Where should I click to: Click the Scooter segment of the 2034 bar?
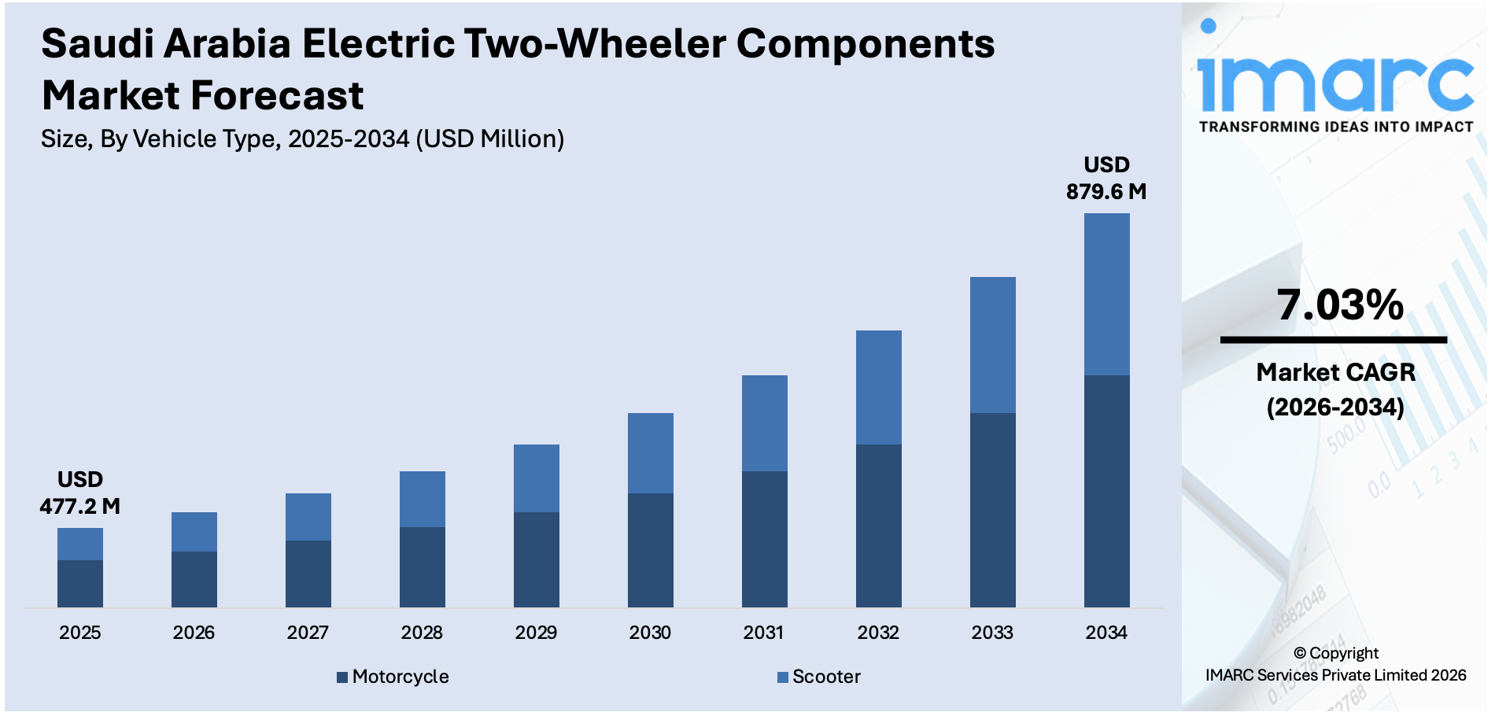pos(1106,294)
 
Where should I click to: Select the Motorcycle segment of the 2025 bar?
pos(79,583)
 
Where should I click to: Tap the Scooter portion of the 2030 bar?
pos(650,453)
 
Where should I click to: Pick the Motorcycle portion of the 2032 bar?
pos(878,526)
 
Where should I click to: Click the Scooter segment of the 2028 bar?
pos(422,499)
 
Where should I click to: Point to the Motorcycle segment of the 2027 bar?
pos(308,574)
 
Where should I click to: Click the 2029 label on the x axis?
pos(536,633)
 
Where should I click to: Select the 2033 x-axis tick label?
pos(992,633)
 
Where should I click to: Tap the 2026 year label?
pos(194,633)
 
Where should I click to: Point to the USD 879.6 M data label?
pos(1106,179)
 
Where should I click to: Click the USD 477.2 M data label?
pos(79,493)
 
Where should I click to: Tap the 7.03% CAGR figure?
pos(1339,305)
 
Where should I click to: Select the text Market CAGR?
pos(1335,372)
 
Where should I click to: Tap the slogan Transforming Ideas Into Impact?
pos(1335,127)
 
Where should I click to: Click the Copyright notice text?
pos(1335,664)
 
